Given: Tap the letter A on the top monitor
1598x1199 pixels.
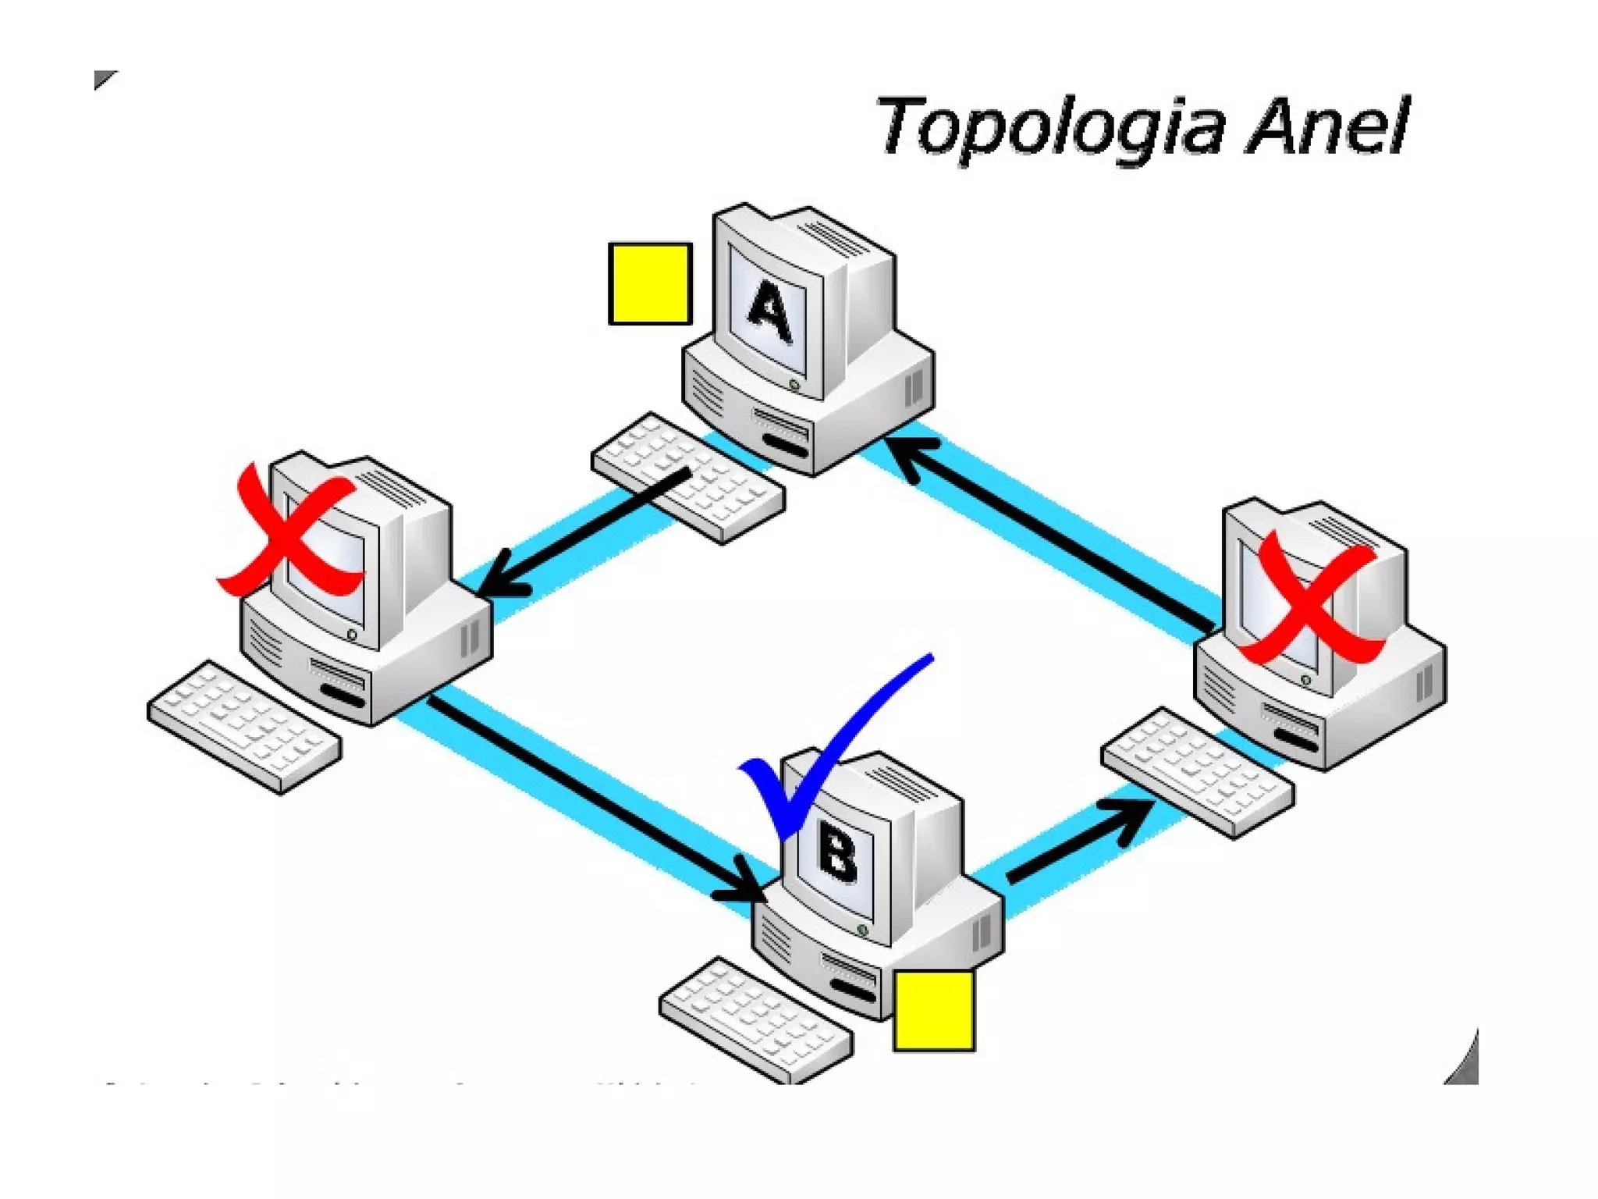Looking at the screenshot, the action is (x=770, y=312).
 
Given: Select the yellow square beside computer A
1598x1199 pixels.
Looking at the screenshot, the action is (x=650, y=283).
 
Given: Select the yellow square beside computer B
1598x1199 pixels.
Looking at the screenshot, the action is (x=933, y=1011).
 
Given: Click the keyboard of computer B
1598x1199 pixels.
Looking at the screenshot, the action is (x=755, y=1019).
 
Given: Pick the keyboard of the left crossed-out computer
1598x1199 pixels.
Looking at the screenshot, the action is (x=244, y=727).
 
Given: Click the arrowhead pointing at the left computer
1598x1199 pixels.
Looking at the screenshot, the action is (x=499, y=578).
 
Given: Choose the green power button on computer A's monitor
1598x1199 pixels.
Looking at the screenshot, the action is (x=794, y=385).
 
